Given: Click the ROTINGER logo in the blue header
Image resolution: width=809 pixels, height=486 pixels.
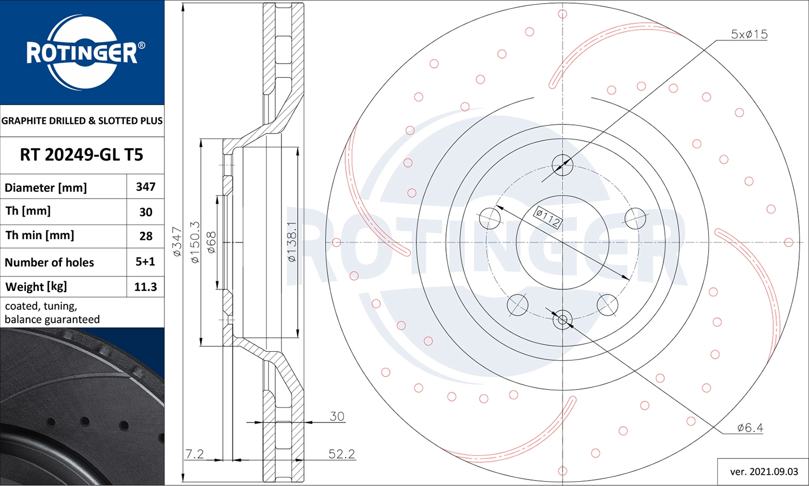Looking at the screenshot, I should click(x=82, y=52).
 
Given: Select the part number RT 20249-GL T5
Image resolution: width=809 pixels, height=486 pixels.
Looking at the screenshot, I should click(x=81, y=155).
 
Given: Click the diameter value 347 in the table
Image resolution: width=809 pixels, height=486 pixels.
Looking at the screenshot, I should click(x=146, y=187).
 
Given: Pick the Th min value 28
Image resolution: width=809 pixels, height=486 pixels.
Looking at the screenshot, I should click(x=146, y=236).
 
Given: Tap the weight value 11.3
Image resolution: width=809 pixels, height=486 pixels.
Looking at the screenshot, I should click(x=145, y=287).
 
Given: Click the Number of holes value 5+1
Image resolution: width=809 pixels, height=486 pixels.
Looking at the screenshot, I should click(x=145, y=262).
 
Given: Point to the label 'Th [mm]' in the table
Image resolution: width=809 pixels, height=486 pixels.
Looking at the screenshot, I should click(x=28, y=211).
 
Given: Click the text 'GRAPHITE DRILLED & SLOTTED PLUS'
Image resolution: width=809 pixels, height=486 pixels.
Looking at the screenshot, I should click(x=82, y=121).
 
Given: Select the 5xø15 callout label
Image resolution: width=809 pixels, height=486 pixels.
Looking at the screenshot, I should click(x=749, y=34).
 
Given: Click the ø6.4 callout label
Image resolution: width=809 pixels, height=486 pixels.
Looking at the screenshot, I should click(x=750, y=428).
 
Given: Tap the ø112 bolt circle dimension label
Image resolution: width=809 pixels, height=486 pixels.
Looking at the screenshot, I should click(x=547, y=218).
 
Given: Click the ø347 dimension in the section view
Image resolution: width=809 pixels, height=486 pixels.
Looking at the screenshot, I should click(x=177, y=241).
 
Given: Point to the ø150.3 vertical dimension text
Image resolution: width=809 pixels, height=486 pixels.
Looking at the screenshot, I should click(x=195, y=242).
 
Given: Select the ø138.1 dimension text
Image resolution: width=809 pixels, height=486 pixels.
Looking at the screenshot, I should click(x=292, y=242).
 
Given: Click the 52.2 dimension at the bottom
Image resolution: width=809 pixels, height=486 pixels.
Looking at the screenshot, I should click(x=341, y=454).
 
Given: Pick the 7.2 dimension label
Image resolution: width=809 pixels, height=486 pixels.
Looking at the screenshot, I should click(x=194, y=454).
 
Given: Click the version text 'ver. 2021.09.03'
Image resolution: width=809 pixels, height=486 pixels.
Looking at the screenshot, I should click(x=764, y=471).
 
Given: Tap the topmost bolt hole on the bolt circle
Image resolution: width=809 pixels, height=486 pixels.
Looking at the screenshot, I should click(x=563, y=165).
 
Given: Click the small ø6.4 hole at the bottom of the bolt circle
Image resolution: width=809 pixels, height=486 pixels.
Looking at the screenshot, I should click(x=563, y=320).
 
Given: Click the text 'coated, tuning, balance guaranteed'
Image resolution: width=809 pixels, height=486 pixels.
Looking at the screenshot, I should click(x=52, y=313).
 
